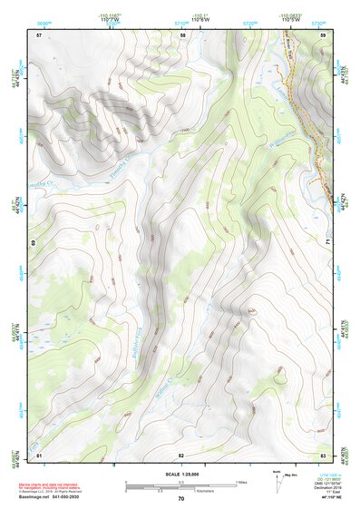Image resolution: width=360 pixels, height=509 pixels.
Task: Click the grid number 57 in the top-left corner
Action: (x=39, y=34)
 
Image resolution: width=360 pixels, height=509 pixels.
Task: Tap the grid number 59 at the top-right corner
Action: (x=324, y=34)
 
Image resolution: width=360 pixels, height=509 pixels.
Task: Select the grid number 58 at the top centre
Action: (x=182, y=34)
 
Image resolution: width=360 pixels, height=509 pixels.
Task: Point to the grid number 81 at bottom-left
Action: (x=39, y=454)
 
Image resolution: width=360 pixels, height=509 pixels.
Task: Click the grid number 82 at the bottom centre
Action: (x=181, y=454)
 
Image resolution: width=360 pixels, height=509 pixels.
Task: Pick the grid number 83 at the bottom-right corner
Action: (x=324, y=454)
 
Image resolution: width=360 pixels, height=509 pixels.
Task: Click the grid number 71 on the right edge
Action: (x=327, y=243)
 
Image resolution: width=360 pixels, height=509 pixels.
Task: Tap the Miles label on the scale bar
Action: (x=240, y=482)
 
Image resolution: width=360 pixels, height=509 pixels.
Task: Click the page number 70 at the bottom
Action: (x=181, y=499)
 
